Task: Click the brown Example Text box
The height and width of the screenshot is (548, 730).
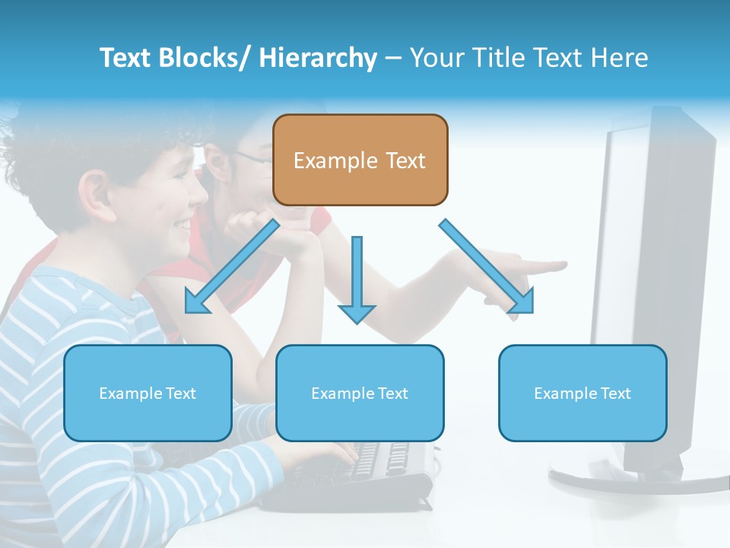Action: pyautogui.click(x=360, y=160)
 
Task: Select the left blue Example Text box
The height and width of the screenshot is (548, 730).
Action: pyautogui.click(x=148, y=393)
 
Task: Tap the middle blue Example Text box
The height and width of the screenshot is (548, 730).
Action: pyautogui.click(x=360, y=393)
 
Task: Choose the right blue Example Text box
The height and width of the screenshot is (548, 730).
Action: pyautogui.click(x=582, y=393)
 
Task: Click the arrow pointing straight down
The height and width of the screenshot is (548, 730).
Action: pyautogui.click(x=357, y=282)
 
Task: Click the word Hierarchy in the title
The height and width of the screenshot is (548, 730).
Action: pyautogui.click(x=317, y=58)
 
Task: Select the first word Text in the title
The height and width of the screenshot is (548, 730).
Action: pyautogui.click(x=127, y=58)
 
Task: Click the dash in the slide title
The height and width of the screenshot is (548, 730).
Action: pyautogui.click(x=393, y=58)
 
